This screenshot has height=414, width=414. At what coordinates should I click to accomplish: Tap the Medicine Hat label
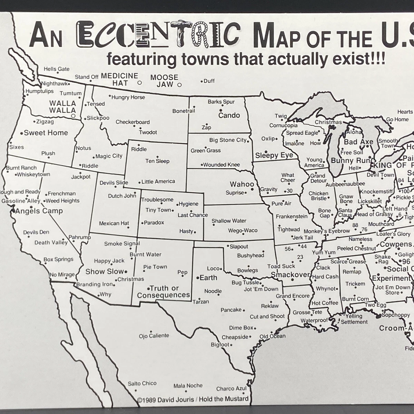point(120,79)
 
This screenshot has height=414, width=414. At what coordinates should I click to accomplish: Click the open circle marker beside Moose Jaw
point(179,85)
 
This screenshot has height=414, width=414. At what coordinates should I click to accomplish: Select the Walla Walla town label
point(62,107)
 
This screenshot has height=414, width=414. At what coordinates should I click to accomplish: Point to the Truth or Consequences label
point(164,292)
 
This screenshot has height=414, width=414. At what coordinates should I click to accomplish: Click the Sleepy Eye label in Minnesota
point(274,155)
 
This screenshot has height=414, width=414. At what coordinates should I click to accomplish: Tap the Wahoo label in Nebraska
point(242,184)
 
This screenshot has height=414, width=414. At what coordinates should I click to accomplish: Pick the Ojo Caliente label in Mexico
point(154,336)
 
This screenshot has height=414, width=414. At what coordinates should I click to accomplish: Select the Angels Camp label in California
point(39,211)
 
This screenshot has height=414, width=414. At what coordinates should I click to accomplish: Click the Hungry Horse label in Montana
point(128,97)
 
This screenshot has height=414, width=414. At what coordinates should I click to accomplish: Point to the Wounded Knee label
point(221,165)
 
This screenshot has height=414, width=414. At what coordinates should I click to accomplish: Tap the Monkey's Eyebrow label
point(327,231)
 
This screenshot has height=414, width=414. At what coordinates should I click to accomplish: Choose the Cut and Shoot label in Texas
point(267,316)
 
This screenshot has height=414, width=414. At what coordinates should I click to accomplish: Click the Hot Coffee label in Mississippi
point(325,303)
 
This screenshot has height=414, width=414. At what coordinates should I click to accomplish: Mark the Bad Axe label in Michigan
point(358,142)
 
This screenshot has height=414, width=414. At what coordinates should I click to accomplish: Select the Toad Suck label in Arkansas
point(281,266)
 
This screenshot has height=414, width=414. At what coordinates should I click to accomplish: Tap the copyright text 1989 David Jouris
point(166,400)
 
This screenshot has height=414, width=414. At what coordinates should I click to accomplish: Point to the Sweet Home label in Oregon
point(46,133)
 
